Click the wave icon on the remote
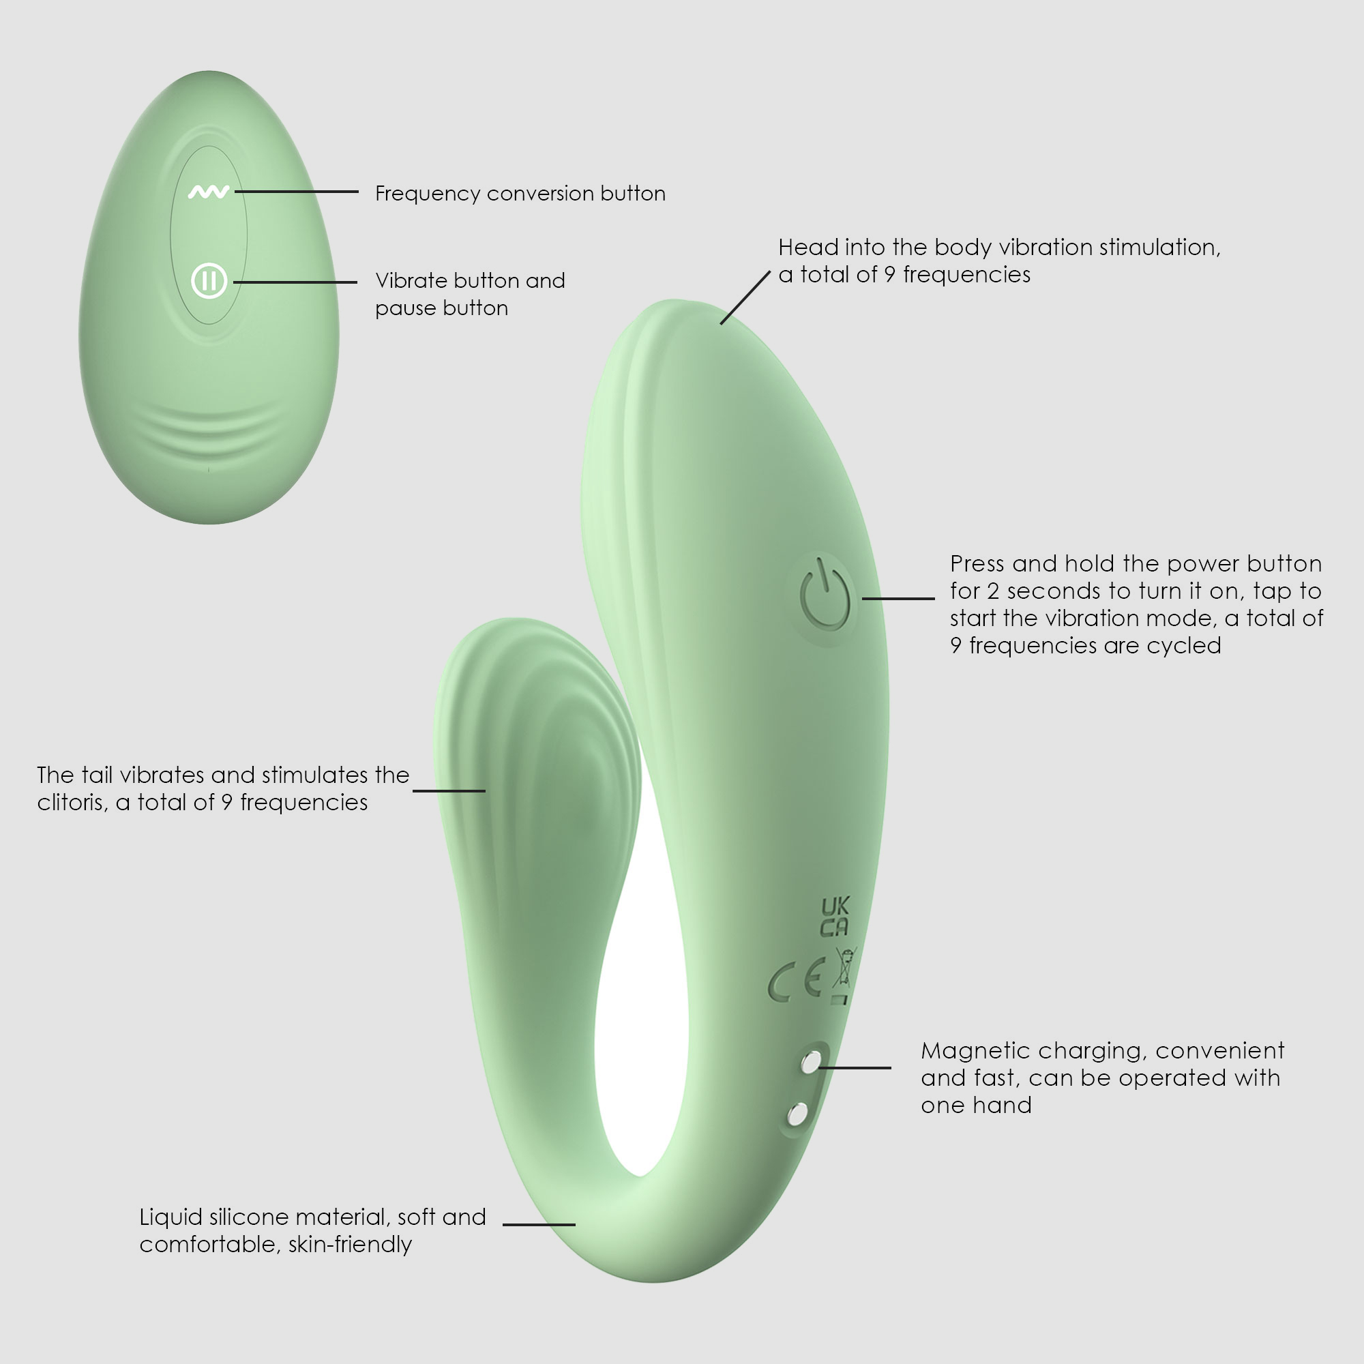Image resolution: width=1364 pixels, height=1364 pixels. click(x=208, y=192)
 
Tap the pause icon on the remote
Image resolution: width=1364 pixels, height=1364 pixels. click(x=209, y=281)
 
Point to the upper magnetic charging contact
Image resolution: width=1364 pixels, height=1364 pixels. click(x=811, y=1062)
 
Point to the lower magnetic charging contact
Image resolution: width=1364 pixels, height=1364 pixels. click(x=797, y=1114)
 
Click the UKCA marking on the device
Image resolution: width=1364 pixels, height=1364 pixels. click(x=835, y=917)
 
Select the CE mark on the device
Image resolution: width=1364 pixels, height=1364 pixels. click(x=796, y=981)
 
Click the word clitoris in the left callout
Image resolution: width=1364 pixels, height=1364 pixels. click(x=73, y=803)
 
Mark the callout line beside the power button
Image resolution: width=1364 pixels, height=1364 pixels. click(x=898, y=598)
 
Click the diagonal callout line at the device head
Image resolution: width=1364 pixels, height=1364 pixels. click(x=745, y=297)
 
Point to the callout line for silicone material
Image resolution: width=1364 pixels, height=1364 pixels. click(x=539, y=1224)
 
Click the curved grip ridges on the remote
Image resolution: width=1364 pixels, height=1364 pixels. click(x=209, y=426)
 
